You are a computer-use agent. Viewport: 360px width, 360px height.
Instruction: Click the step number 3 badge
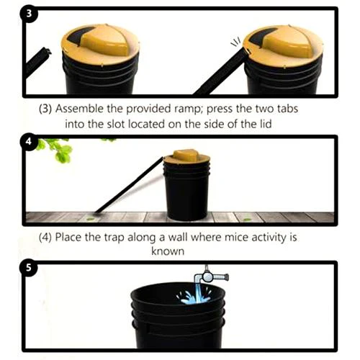coord(30,17)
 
